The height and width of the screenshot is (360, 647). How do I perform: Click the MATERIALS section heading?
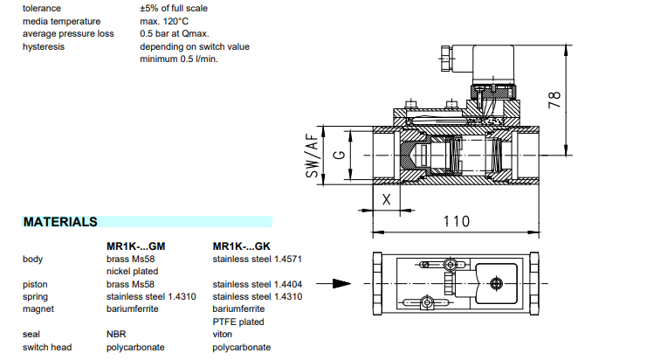coord(60,222)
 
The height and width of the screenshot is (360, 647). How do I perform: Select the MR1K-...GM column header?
coord(136,246)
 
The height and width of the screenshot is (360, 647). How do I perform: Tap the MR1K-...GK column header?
coord(242,246)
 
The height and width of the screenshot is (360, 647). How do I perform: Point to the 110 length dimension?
coord(453,221)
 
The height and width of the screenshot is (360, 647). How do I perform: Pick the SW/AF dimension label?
coord(312,156)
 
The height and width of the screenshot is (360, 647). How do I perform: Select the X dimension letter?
coord(385,198)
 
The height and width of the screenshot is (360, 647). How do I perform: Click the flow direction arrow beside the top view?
coord(334,283)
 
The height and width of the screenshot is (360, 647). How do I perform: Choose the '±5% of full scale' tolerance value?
coord(174,8)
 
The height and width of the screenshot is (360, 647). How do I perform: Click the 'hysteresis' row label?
coord(44,46)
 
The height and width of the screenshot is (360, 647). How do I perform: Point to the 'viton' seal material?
coord(223,334)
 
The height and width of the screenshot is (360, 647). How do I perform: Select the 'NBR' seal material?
coord(117,334)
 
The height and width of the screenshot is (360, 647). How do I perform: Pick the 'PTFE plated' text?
coord(237,322)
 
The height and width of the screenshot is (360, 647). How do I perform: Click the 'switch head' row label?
coord(48,347)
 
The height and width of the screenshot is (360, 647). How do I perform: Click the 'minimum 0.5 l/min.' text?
coord(179,59)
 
